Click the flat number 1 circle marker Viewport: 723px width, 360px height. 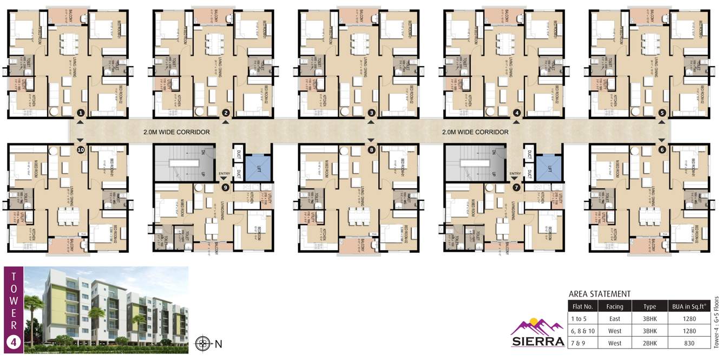[81, 113]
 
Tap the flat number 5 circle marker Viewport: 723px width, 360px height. [662, 113]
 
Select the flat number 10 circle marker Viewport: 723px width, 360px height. [81, 150]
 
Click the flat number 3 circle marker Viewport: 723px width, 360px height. [371, 113]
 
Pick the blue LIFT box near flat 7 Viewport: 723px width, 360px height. [549, 167]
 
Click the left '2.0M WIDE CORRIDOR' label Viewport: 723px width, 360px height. [176, 132]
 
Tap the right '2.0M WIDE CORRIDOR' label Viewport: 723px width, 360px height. [475, 132]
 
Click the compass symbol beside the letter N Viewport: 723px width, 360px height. [203, 343]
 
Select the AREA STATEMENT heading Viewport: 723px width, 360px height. [600, 294]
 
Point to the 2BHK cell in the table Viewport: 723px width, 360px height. [649, 343]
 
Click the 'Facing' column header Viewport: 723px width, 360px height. [615, 306]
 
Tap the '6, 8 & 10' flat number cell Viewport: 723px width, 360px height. [583, 331]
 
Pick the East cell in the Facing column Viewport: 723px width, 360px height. [615, 318]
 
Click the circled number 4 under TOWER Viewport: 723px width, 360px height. [14, 342]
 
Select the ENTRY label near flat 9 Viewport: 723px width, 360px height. [224, 173]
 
